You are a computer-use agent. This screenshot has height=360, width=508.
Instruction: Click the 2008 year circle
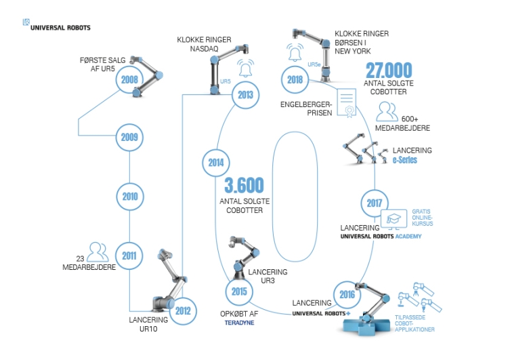[x=129, y=79]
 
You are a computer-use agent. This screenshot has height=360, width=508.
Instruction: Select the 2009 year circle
[x=129, y=137]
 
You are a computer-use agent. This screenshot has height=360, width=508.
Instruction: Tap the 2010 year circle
[x=130, y=197]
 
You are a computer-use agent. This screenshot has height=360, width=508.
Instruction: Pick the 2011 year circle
[x=129, y=256]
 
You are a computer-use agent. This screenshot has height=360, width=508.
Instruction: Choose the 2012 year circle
[x=183, y=311]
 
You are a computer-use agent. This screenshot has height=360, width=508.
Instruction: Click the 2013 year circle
[x=246, y=95]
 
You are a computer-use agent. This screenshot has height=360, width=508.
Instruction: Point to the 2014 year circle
[x=216, y=163]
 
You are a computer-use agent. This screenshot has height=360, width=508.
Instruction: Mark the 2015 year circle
[x=239, y=292]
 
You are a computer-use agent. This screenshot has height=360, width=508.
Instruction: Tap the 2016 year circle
[x=347, y=294]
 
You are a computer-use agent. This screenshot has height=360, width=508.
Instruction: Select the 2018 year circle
[x=295, y=80]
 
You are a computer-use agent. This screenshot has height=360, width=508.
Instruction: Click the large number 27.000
[x=389, y=70]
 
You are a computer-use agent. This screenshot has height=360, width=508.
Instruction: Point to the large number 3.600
[x=245, y=185]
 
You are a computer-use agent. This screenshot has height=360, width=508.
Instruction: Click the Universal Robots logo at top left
[x=56, y=25]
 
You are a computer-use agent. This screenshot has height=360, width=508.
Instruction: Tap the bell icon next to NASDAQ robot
[x=246, y=68]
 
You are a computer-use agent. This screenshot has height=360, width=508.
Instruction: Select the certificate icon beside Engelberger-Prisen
[x=347, y=103]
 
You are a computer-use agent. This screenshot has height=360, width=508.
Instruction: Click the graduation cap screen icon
[x=394, y=219]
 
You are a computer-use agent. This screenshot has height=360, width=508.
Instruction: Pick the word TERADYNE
[x=239, y=323]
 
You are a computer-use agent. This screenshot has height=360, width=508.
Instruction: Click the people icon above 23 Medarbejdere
[x=98, y=252]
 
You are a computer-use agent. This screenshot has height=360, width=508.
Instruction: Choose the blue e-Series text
[x=404, y=160]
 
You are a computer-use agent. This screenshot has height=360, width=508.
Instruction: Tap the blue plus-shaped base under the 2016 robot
[x=366, y=325]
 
